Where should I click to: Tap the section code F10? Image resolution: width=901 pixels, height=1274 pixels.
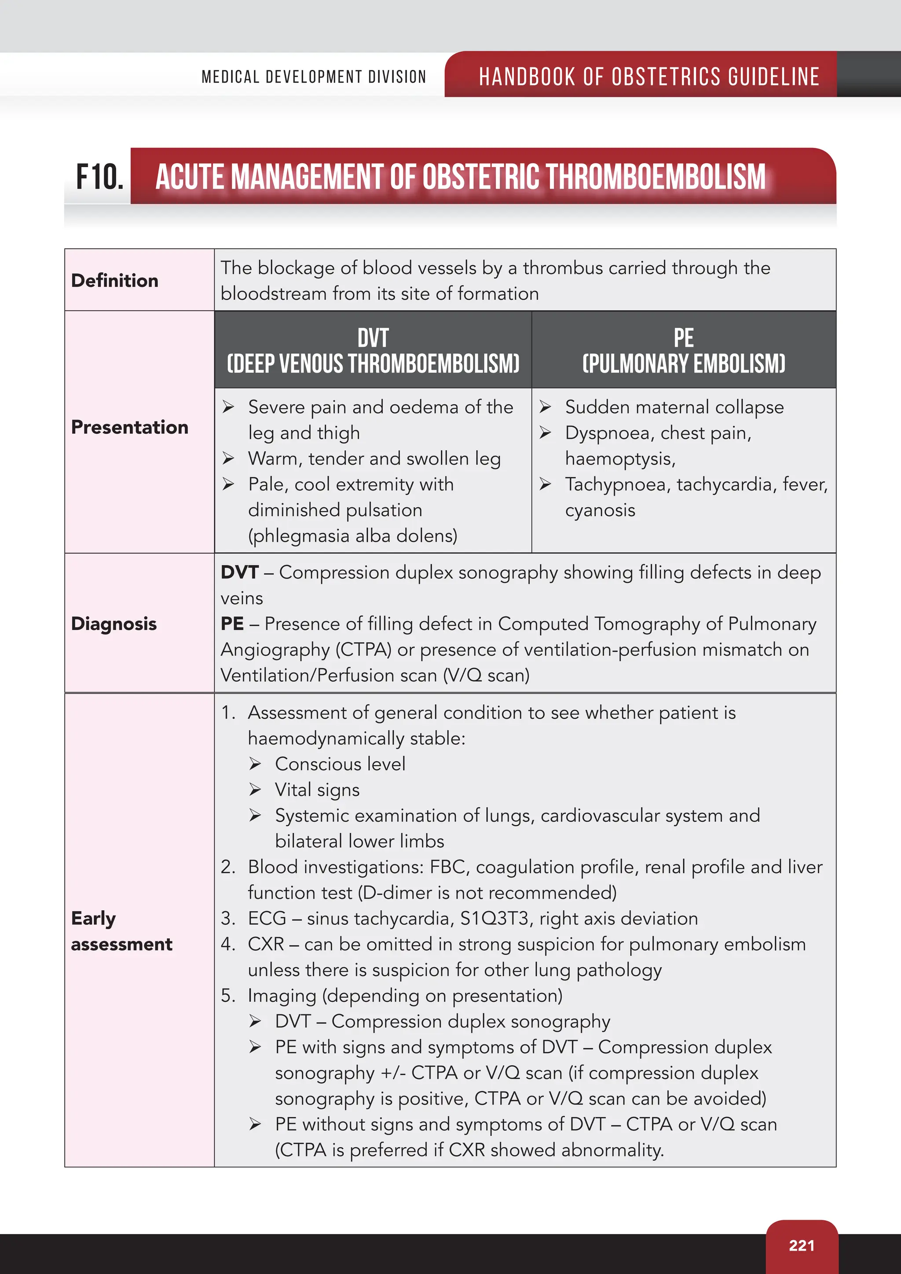100,177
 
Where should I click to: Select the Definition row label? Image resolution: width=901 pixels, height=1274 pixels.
115,281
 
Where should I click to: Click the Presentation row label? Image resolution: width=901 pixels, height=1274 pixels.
130,427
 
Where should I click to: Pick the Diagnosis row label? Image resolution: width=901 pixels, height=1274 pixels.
114,624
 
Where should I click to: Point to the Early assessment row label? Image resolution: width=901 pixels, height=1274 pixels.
121,931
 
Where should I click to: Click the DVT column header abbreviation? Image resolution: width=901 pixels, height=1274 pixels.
373,337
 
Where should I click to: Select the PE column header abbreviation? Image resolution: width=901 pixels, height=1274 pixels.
684,337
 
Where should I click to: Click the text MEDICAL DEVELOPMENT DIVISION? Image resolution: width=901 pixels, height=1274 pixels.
314,77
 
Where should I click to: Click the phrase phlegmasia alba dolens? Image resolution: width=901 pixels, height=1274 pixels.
353,535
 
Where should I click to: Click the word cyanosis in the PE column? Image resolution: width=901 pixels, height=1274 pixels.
600,510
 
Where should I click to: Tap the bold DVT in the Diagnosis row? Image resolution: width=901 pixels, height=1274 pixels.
240,572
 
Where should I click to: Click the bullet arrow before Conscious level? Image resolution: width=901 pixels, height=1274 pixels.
255,764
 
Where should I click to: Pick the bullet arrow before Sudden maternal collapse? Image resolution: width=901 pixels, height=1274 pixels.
546,407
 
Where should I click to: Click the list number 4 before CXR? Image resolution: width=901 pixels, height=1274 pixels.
227,944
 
